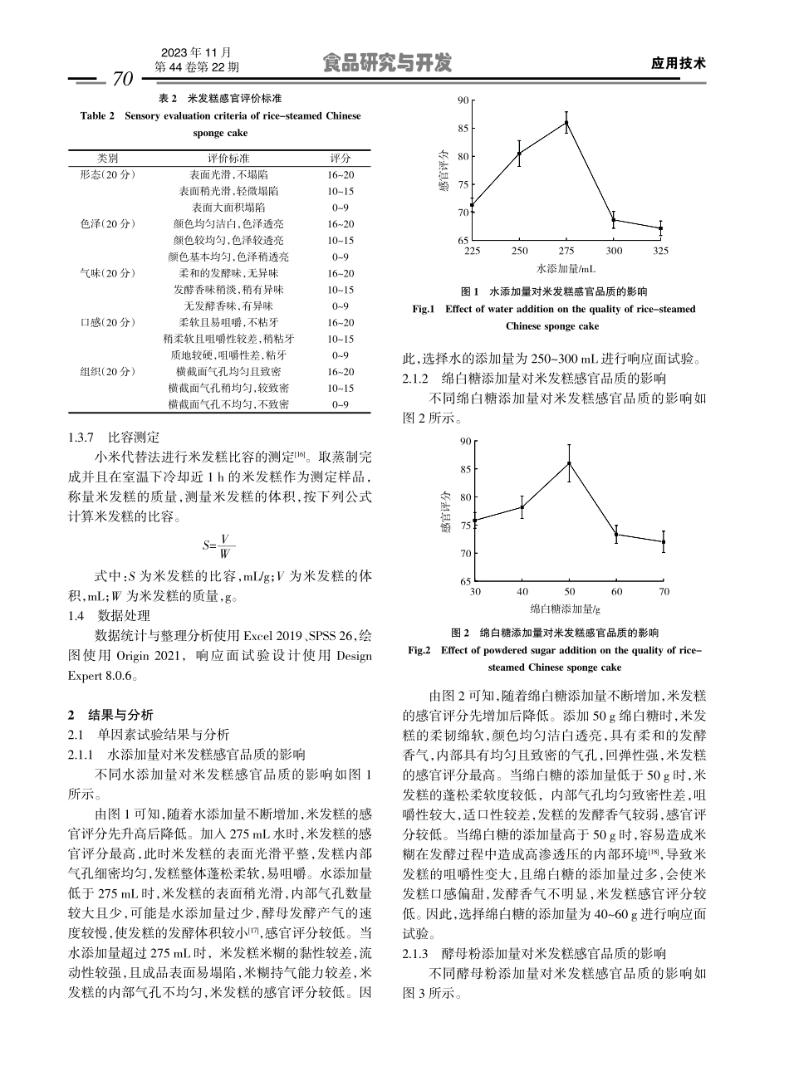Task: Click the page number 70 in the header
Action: [121, 80]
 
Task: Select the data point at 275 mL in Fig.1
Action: [566, 122]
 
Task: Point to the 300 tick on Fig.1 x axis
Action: [613, 251]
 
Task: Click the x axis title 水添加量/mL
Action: [566, 269]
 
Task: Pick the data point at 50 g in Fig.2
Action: [569, 463]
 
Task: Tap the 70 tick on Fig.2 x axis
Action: [664, 591]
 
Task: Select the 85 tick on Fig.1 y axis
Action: [463, 128]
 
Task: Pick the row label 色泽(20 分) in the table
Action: [108, 224]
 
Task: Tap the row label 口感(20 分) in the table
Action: [108, 322]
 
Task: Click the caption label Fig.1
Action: [424, 309]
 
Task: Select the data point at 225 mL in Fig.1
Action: [473, 205]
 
